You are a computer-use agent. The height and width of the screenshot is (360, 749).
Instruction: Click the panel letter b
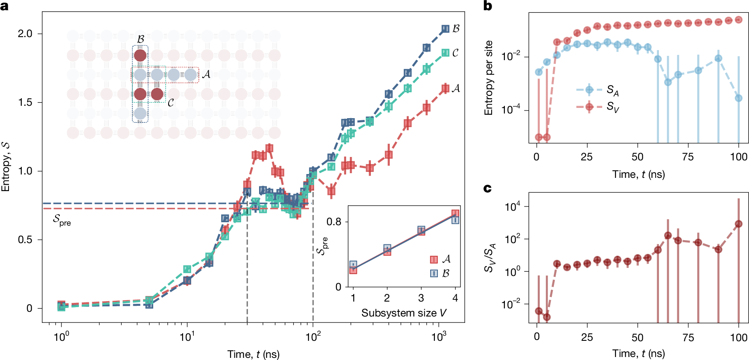coord(487,6)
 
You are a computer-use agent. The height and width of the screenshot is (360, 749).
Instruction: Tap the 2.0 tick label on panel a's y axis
coord(25,34)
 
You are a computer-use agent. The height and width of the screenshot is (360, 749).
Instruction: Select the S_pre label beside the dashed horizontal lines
coord(62,220)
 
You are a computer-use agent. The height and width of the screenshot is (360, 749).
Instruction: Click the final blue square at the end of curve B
coord(445,29)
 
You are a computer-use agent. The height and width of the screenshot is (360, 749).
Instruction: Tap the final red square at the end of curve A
coord(445,88)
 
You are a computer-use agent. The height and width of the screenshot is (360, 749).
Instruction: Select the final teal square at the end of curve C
coord(445,53)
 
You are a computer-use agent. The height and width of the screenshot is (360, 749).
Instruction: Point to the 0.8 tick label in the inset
coord(334,222)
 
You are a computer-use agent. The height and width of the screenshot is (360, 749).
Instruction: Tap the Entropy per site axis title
coord(489,78)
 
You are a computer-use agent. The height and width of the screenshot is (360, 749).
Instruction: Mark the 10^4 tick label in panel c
coord(512,207)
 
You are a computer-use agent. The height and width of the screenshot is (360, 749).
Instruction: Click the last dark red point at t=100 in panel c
coord(738,224)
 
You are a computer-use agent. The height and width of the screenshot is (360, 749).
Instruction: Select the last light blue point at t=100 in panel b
coord(738,98)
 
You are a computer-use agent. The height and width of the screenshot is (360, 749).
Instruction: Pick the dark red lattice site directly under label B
coord(140,55)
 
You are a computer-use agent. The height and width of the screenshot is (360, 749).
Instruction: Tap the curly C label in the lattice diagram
coord(170,103)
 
